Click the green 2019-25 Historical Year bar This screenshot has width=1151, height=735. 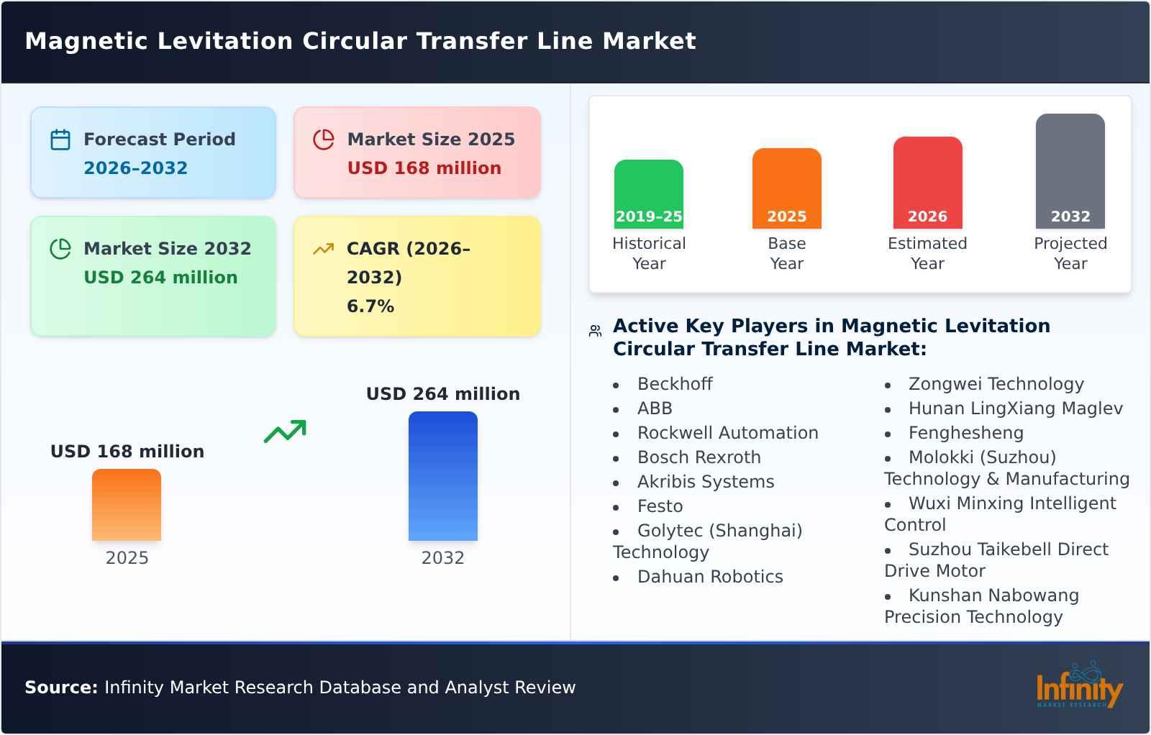tap(648, 193)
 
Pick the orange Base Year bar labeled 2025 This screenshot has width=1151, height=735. tap(786, 188)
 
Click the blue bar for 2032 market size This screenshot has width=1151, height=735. tap(442, 475)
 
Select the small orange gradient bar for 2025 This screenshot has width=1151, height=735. tap(127, 504)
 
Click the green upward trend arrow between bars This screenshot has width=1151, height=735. tap(285, 432)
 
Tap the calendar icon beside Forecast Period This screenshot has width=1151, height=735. tap(60, 140)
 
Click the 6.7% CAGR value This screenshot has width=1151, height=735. tap(370, 306)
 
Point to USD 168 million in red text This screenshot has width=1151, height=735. tap(424, 168)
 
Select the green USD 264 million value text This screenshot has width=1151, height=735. tap(160, 278)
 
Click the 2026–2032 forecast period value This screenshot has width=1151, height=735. tap(135, 168)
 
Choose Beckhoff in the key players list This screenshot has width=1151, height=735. tap(674, 384)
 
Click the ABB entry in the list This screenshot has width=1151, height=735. tap(655, 408)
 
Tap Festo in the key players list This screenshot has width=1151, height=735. tap(660, 506)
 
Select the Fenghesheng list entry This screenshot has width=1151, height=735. tap(965, 433)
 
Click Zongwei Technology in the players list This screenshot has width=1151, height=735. tap(996, 384)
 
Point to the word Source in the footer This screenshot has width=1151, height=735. tap(60, 688)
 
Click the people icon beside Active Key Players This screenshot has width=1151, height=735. tap(595, 331)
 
